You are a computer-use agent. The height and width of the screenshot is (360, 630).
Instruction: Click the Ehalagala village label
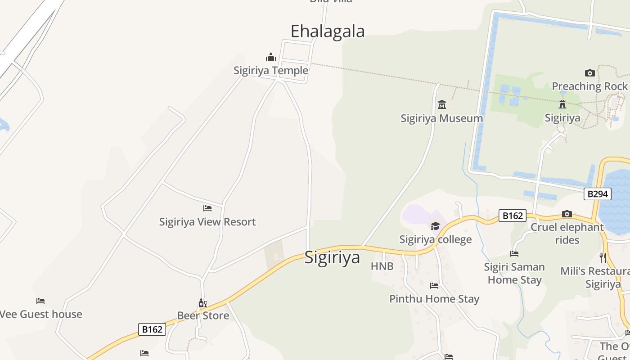pyautogui.click(x=327, y=31)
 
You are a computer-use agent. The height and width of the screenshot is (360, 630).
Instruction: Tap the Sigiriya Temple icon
pyautogui.click(x=271, y=57)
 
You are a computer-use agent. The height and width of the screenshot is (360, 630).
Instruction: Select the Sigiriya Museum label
pyautogui.click(x=441, y=118)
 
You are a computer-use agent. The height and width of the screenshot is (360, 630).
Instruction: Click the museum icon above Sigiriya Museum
pyautogui.click(x=441, y=105)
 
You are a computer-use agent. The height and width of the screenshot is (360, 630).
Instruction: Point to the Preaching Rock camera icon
pyautogui.click(x=589, y=73)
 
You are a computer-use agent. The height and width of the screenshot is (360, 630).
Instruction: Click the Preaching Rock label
pyautogui.click(x=589, y=86)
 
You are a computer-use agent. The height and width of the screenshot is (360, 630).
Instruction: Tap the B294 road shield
pyautogui.click(x=598, y=194)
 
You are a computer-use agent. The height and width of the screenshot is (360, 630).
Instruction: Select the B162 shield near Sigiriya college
pyautogui.click(x=512, y=216)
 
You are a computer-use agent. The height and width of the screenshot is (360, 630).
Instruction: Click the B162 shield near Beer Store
pyautogui.click(x=152, y=329)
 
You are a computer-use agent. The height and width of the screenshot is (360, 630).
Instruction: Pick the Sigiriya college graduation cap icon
pyautogui.click(x=435, y=226)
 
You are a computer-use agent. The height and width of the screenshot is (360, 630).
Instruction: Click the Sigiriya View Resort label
pyautogui.click(x=207, y=222)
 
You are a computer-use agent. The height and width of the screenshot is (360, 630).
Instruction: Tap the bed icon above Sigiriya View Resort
pyautogui.click(x=207, y=208)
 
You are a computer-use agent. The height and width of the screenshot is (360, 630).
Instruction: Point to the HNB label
pyautogui.click(x=382, y=266)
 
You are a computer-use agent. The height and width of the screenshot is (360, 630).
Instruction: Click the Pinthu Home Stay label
pyautogui.click(x=434, y=299)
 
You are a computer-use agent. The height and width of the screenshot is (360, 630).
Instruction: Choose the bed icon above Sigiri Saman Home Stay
pyautogui.click(x=514, y=254)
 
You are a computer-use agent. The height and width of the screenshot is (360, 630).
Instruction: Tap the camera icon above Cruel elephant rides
pyautogui.click(x=567, y=214)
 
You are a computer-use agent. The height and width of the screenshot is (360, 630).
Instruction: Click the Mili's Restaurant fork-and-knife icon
pyautogui.click(x=603, y=258)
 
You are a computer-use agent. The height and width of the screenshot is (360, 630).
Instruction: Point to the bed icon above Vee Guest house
pyautogui.click(x=40, y=301)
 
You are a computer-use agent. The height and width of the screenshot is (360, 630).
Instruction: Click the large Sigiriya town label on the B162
pyautogui.click(x=332, y=257)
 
